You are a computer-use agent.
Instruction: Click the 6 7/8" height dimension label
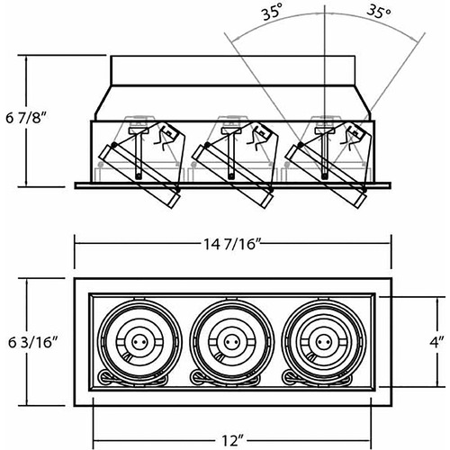(x=27, y=119)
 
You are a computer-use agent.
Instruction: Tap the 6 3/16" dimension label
(x=32, y=342)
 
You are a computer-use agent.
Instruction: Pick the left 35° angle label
(x=273, y=14)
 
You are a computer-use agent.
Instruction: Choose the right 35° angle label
(x=379, y=13)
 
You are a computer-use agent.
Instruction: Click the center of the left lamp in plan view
(x=139, y=342)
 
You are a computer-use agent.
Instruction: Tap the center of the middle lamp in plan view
(x=231, y=342)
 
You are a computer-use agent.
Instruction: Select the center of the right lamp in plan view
(x=323, y=342)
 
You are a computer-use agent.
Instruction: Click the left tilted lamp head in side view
(x=139, y=176)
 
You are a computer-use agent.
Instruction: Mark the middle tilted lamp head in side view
(x=232, y=176)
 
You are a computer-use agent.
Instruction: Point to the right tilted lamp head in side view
(x=327, y=176)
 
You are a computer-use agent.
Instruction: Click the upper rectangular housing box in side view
(x=233, y=71)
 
